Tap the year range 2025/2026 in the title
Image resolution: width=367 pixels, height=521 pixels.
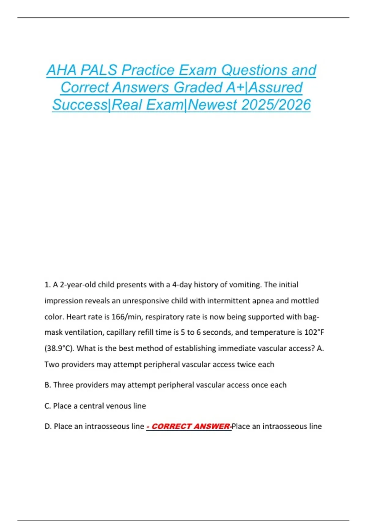276,105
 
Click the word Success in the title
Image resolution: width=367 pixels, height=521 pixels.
80,105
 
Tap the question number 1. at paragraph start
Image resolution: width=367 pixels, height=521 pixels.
47,285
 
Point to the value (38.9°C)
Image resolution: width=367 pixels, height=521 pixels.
60,348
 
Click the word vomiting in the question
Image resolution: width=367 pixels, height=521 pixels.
245,285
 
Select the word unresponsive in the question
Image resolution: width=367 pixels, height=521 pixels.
145,301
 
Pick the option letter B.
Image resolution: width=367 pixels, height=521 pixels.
47,385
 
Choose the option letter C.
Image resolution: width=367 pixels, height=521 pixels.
47,406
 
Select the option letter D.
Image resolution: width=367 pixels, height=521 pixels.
48,426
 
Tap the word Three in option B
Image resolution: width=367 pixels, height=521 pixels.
63,385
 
